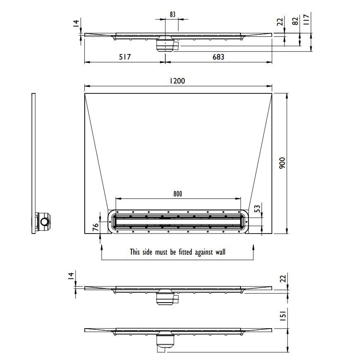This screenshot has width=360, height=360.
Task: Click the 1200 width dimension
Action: (177, 81)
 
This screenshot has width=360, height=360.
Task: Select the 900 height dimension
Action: (282, 163)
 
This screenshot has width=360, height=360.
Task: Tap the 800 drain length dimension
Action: (178, 194)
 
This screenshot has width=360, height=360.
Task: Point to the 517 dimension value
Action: (125, 57)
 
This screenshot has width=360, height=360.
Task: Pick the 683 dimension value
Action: (218, 57)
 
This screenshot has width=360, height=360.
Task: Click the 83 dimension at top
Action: (173, 14)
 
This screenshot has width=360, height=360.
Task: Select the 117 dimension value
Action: (306, 19)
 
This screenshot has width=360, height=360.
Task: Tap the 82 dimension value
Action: (296, 21)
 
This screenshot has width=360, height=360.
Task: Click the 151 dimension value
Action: (283, 315)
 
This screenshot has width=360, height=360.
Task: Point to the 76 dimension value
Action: (95, 226)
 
